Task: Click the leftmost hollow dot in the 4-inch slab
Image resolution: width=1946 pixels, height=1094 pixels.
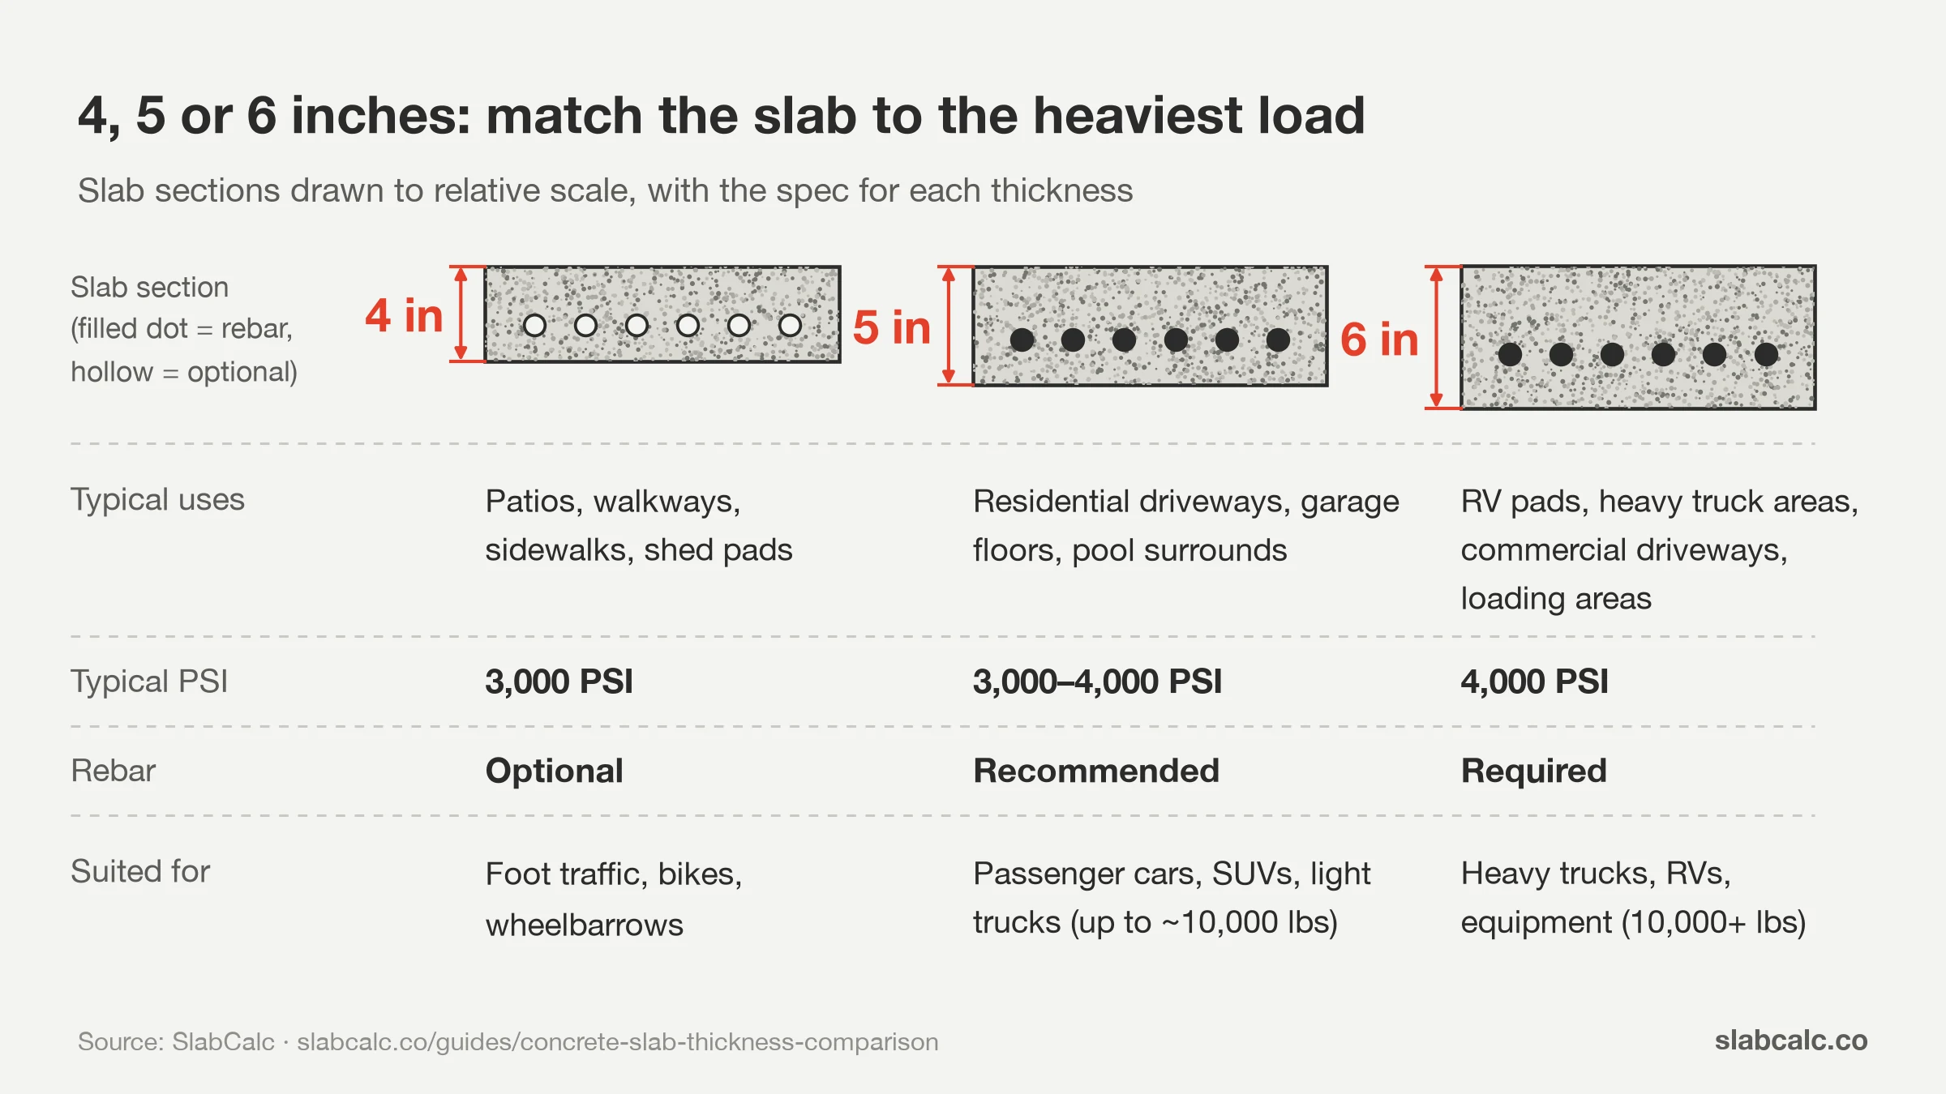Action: point(534,326)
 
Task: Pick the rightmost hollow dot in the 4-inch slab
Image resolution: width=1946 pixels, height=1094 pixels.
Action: point(790,326)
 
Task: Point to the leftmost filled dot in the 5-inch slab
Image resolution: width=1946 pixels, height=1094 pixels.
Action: point(1022,340)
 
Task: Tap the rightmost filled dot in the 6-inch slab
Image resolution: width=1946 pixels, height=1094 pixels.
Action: point(1766,354)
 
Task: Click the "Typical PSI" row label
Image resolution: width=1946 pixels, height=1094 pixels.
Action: point(149,682)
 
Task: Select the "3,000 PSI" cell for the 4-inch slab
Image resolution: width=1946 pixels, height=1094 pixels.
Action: point(559,682)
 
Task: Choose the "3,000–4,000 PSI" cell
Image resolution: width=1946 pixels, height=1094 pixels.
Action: point(1097,682)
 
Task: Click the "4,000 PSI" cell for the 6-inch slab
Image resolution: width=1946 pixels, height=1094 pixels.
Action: point(1534,682)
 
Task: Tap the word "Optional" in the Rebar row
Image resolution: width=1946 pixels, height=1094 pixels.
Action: point(555,771)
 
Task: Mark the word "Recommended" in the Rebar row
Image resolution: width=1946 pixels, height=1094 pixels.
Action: point(1096,771)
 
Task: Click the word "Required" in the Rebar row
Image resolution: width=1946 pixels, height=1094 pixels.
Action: point(1533,771)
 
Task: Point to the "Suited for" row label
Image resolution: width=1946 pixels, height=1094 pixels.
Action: point(140,871)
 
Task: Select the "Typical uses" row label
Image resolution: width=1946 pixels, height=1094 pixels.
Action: point(157,500)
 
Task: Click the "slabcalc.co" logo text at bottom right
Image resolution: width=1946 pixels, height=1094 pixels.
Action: point(1791,1041)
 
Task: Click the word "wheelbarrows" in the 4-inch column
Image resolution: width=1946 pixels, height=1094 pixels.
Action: point(585,925)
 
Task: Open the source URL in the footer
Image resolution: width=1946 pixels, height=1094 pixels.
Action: point(618,1042)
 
